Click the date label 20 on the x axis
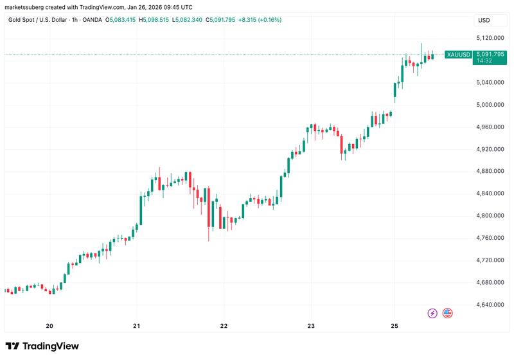[49, 325]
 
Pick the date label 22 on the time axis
[224, 325]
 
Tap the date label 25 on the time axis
[395, 325]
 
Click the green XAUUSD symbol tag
[457, 55]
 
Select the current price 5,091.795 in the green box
[490, 55]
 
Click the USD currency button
[483, 20]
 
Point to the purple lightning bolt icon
[432, 313]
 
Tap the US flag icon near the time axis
[447, 313]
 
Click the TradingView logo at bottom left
[42, 346]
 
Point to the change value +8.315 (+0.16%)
[259, 20]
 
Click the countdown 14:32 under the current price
[483, 62]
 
